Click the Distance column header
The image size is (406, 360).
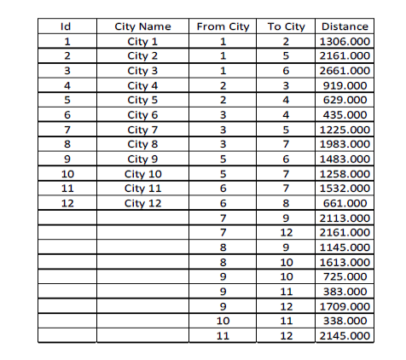[344, 26]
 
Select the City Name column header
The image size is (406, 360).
[142, 26]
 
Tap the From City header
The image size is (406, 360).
[223, 26]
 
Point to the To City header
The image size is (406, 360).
[287, 26]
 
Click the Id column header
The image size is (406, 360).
[67, 26]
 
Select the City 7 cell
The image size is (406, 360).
[142, 130]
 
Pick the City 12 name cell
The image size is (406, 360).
[142, 203]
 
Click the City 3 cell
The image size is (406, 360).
[142, 71]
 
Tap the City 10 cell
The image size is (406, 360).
[142, 174]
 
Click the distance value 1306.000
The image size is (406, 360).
[344, 41]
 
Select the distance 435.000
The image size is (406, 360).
[344, 115]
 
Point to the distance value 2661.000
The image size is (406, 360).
[344, 71]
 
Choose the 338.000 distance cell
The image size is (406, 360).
[344, 321]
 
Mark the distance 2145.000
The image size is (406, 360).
[344, 336]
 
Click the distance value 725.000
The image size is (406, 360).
[344, 277]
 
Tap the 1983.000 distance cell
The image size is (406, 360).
[344, 144]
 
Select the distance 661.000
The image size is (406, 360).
[344, 203]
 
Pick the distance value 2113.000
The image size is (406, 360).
[344, 218]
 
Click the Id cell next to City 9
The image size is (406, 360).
[67, 160]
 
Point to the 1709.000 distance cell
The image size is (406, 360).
[344, 306]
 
